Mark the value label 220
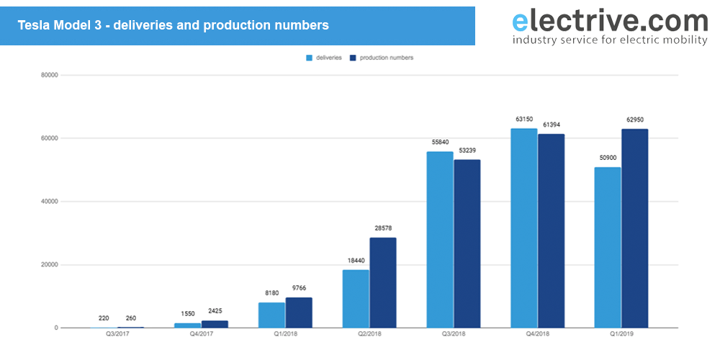pyautogui.click(x=104, y=318)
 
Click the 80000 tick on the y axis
pyautogui.click(x=49, y=75)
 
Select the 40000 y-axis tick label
pyautogui.click(x=49, y=202)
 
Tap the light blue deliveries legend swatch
pyautogui.click(x=310, y=58)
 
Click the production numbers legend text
pyautogui.click(x=386, y=58)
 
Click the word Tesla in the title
pyautogui.click(x=34, y=25)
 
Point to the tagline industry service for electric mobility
pyautogui.click(x=609, y=40)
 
